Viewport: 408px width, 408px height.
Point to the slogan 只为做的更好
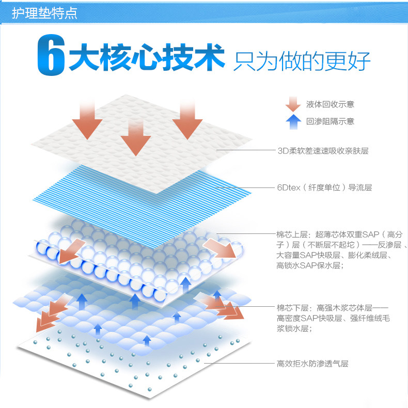[x=302, y=61]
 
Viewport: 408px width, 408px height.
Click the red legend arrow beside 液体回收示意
[x=293, y=104]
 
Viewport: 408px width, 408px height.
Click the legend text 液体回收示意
[x=330, y=104]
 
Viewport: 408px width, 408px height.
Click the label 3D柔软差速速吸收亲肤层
[x=322, y=151]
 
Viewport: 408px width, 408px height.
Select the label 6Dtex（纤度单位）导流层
[x=324, y=187]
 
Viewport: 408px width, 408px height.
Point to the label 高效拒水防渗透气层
[x=312, y=364]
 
